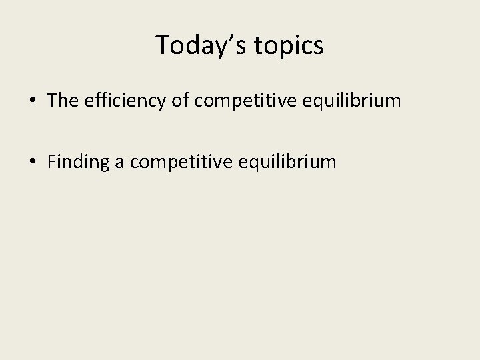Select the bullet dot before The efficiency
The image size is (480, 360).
point(32,101)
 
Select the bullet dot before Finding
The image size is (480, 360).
point(32,161)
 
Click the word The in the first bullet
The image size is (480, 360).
point(63,101)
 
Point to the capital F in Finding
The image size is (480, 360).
point(52,161)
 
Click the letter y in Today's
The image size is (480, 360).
point(221,48)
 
